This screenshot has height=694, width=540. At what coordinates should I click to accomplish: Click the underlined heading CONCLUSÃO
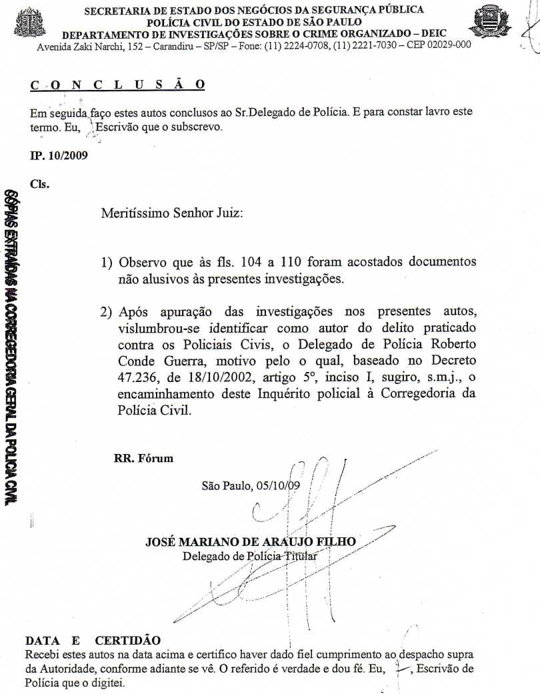coord(117,85)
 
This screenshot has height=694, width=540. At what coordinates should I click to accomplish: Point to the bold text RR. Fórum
coord(144,458)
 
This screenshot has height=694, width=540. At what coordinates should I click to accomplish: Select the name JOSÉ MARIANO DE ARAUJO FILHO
coord(251,542)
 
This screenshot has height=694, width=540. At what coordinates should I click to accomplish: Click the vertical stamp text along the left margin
coord(10,340)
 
